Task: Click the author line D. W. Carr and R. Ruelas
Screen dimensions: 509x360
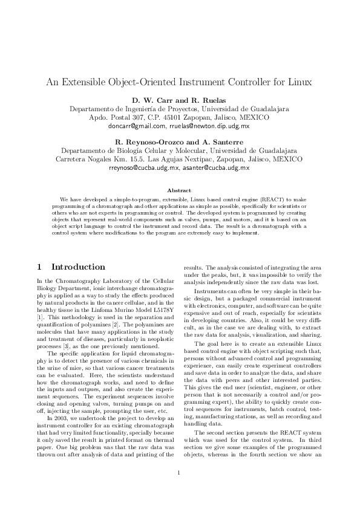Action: pyautogui.click(x=179, y=99)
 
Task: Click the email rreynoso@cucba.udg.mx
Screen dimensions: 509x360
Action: pyautogui.click(x=144, y=167)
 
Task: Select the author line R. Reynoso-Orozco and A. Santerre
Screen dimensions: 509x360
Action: pyautogui.click(x=179, y=141)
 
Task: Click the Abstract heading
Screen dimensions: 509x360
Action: pyautogui.click(x=179, y=190)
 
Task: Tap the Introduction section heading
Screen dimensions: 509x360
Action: pyautogui.click(x=78, y=267)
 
